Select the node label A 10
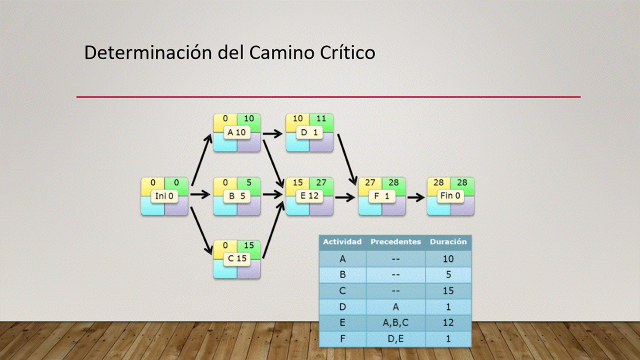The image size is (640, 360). click(x=236, y=132)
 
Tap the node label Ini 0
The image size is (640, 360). click(x=164, y=196)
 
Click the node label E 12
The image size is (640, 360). click(x=309, y=196)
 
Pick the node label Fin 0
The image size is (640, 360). click(x=450, y=196)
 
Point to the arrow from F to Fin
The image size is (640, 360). click(x=415, y=196)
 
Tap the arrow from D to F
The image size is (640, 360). click(x=347, y=157)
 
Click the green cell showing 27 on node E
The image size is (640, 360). click(x=321, y=183)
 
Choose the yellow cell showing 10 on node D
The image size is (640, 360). click(x=297, y=119)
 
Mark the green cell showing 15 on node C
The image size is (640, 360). click(x=248, y=245)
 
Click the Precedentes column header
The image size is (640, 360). click(x=395, y=242)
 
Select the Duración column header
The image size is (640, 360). click(x=448, y=242)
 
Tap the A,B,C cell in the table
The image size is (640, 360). click(x=395, y=323)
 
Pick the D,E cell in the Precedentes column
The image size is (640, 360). click(x=395, y=338)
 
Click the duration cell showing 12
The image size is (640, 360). click(x=448, y=323)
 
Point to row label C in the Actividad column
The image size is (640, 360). click(x=342, y=290)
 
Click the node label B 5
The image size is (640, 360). click(x=236, y=196)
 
